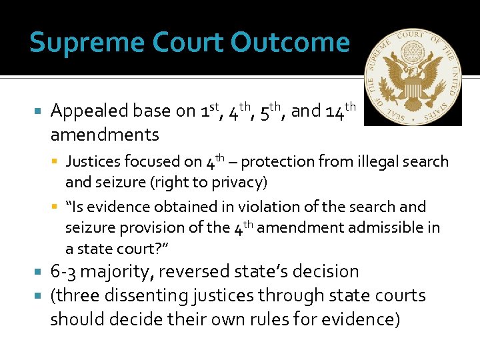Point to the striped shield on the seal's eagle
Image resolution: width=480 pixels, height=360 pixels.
click(x=413, y=86)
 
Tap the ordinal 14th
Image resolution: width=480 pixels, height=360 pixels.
click(x=341, y=110)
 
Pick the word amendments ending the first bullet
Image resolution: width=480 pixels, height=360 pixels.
click(x=105, y=135)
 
